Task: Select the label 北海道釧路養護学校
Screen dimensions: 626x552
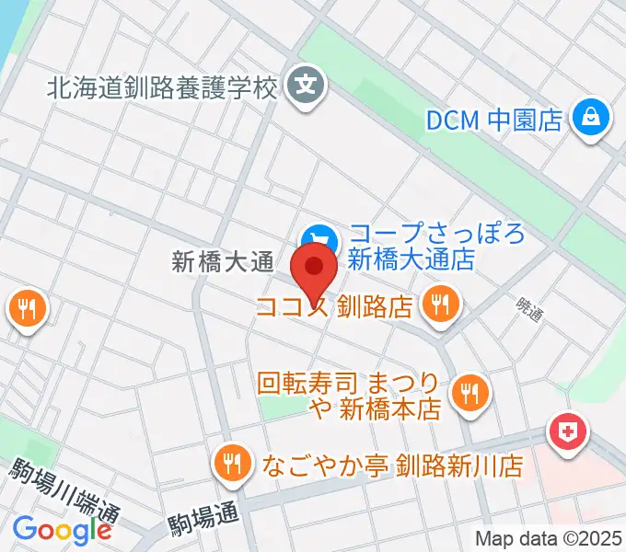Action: [162, 89]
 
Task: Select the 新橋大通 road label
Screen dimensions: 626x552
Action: [224, 263]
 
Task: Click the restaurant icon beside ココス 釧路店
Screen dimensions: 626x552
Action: [440, 304]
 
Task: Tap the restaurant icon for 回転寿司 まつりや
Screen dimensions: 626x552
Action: [469, 393]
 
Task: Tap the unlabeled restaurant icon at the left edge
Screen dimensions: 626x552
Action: [24, 308]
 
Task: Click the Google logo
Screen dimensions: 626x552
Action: [62, 529]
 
